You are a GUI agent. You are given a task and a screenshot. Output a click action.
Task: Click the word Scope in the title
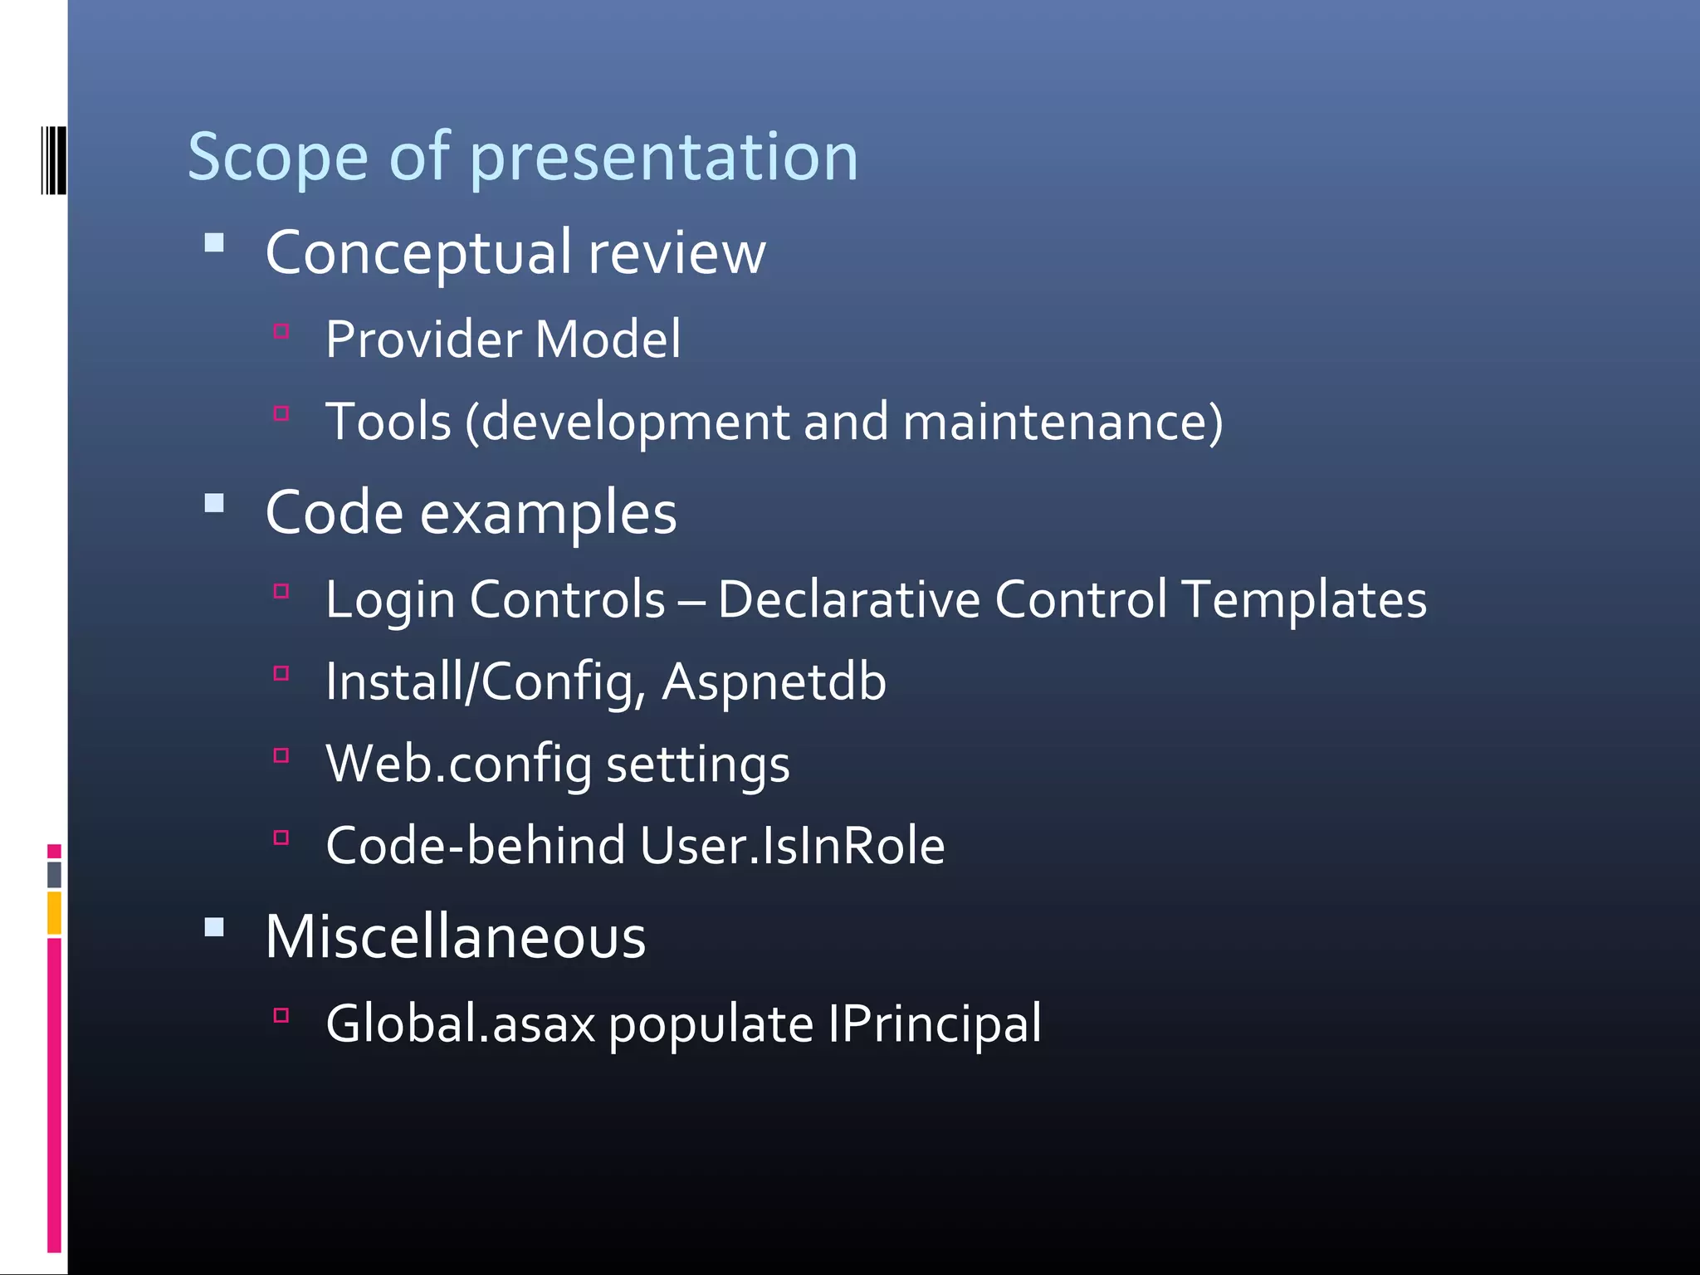277,157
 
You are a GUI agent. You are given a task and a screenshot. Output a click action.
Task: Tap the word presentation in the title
663,157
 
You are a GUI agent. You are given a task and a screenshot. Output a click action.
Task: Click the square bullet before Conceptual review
214,243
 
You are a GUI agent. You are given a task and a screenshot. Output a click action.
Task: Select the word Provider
423,340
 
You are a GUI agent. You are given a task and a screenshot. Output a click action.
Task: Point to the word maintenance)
1062,422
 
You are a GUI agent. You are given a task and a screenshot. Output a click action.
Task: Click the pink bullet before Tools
281,413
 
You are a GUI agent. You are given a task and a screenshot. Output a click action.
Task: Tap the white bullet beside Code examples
214,504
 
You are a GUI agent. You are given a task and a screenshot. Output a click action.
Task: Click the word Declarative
848,599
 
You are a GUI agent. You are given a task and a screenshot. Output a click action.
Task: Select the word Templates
1303,599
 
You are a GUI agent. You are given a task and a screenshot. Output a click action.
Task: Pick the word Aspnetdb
774,682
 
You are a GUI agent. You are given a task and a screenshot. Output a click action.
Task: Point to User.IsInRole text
792,846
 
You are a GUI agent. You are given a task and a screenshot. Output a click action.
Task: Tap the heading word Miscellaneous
455,937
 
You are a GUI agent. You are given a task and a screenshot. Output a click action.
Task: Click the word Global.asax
461,1023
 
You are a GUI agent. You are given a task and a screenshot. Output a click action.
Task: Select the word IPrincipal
934,1023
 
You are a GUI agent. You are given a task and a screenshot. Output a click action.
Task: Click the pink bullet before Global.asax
281,1015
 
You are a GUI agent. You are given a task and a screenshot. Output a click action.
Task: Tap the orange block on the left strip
54,912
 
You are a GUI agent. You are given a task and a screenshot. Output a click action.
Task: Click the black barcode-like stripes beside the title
53,160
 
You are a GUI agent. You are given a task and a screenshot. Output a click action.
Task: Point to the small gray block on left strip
54,874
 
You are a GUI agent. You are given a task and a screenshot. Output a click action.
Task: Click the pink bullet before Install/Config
281,673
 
